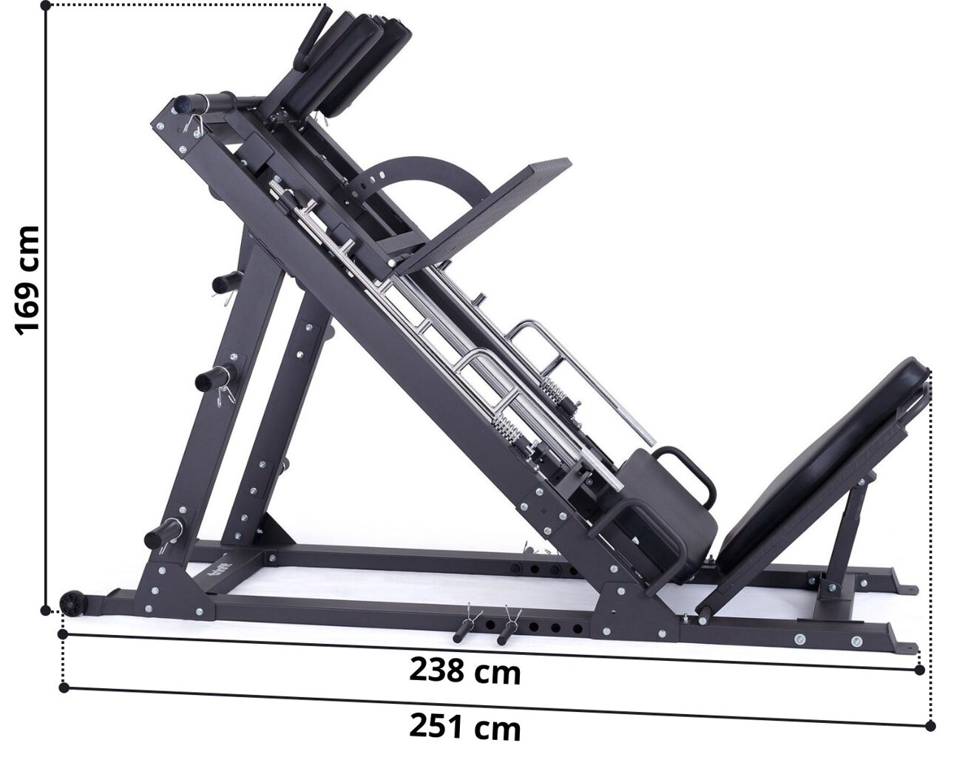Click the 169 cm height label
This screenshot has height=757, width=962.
coord(27,280)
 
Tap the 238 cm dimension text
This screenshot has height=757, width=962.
coord(465,671)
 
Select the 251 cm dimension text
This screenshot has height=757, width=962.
coord(465,727)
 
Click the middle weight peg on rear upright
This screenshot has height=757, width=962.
coord(214,378)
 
